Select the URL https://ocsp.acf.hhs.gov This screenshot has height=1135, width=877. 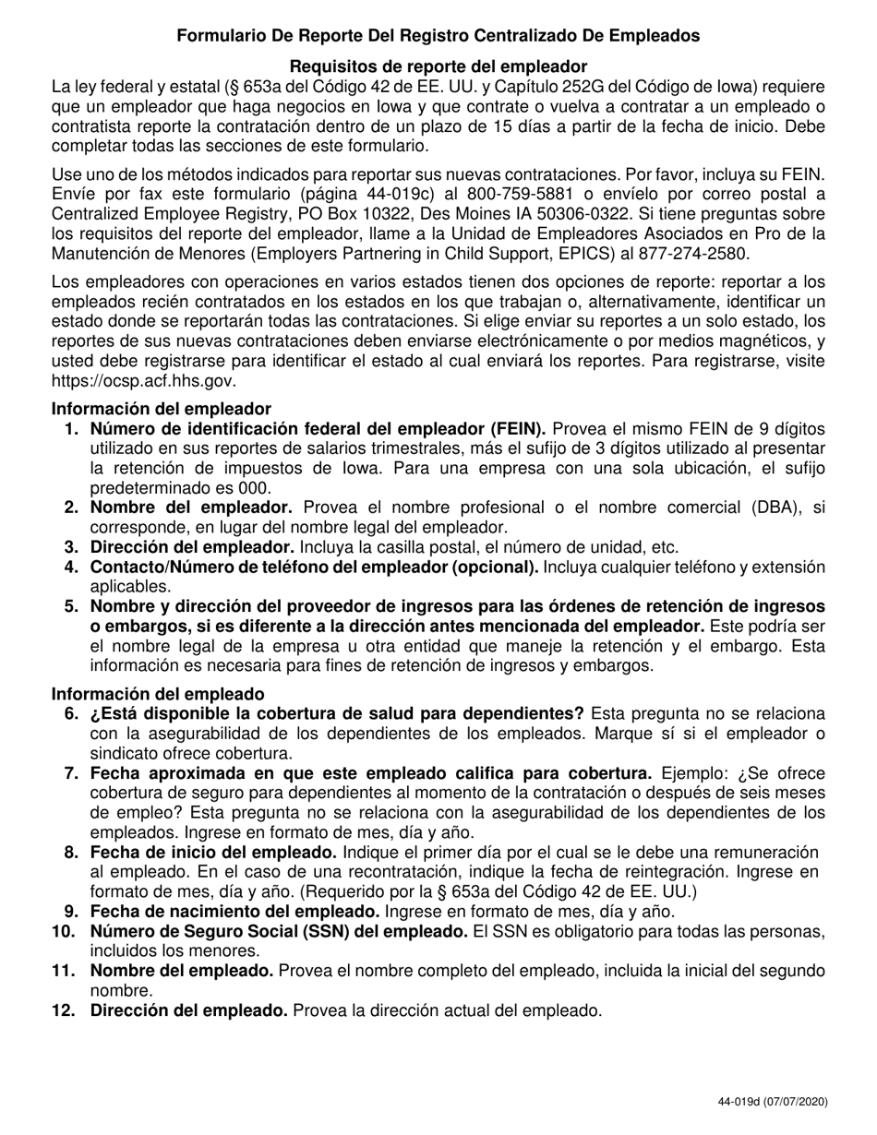144,380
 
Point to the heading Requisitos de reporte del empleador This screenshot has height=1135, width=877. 438,66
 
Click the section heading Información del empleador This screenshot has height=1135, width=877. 162,409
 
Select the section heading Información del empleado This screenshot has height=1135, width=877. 158,693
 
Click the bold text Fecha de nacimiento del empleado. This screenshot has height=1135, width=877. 222,912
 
